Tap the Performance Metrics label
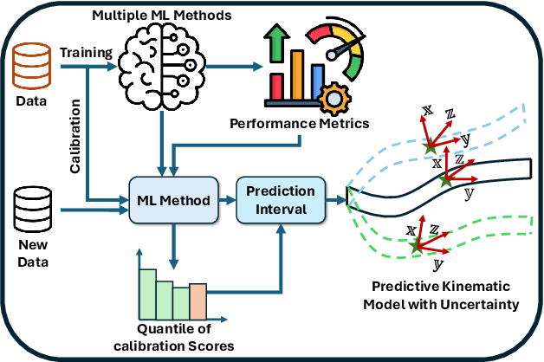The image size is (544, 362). tap(299, 123)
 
